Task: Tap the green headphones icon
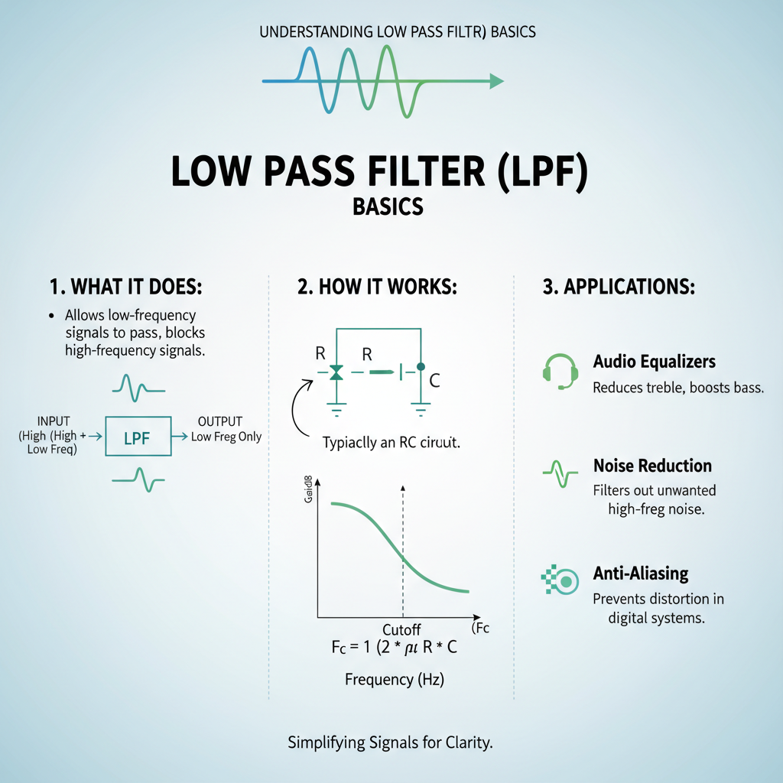(x=559, y=370)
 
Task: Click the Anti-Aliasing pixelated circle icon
(x=561, y=581)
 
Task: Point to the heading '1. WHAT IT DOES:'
(x=125, y=288)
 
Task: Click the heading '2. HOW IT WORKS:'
(x=377, y=288)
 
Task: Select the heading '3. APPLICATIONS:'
(x=619, y=288)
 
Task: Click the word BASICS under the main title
(x=388, y=207)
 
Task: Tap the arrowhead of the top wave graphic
(x=497, y=80)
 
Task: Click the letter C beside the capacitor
(x=434, y=379)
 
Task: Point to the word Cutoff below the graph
(x=401, y=629)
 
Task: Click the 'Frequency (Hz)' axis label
(x=395, y=679)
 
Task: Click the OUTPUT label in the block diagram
(x=219, y=421)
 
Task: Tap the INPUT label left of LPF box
(x=54, y=421)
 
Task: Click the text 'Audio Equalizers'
(x=655, y=362)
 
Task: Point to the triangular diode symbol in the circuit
(x=336, y=373)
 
